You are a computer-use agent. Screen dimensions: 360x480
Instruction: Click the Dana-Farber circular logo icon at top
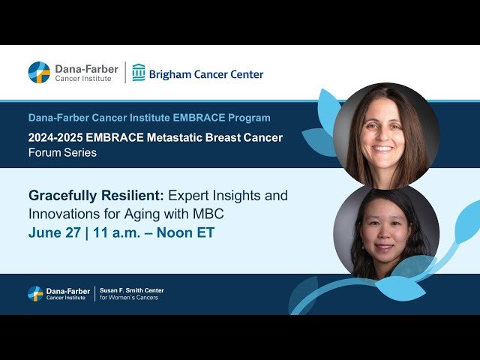click(39, 73)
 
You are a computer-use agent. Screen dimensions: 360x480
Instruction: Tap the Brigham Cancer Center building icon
click(139, 73)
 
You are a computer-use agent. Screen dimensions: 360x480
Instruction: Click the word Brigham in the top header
click(172, 74)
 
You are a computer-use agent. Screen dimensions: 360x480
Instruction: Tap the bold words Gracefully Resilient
click(94, 196)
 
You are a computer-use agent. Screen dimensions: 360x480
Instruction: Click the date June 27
click(54, 233)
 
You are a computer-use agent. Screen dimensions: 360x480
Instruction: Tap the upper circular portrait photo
click(385, 135)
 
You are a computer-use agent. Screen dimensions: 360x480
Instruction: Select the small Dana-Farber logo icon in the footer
click(35, 294)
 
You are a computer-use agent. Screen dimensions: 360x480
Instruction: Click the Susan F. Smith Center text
click(131, 290)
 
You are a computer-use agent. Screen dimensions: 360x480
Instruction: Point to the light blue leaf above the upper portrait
click(331, 104)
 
